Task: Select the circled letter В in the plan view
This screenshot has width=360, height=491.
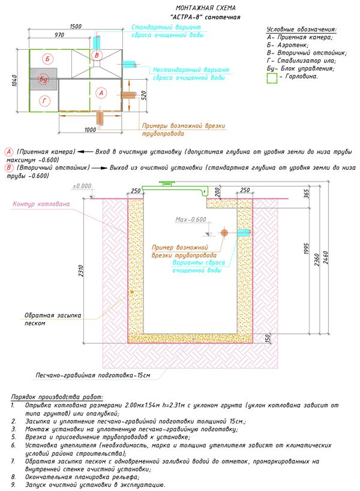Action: pos(97,55)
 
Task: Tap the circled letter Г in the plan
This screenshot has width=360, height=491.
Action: pos(44,101)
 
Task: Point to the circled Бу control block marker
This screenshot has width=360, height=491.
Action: pos(44,79)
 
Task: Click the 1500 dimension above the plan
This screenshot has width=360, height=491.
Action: pos(76,26)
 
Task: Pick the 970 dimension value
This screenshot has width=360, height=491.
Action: pos(59,35)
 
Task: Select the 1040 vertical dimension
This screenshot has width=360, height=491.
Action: pos(15,80)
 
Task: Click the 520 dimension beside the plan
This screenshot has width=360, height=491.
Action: pos(144,95)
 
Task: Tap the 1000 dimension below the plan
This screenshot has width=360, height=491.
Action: pos(90,129)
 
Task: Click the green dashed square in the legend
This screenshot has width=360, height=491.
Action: pos(272,78)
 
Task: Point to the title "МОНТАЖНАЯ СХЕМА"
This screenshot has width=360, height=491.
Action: pos(206,8)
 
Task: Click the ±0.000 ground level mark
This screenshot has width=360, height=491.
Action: pos(82,186)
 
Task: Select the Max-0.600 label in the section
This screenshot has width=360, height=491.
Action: pos(191,219)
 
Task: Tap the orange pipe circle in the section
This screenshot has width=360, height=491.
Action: pos(224,233)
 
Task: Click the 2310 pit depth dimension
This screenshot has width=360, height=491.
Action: pos(81,271)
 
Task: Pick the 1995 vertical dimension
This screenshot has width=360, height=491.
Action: pos(307,249)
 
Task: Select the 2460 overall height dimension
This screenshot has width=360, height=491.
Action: pos(326,257)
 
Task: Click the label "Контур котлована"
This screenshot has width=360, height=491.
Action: pos(41,204)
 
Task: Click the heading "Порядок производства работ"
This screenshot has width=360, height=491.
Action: pos(57,397)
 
